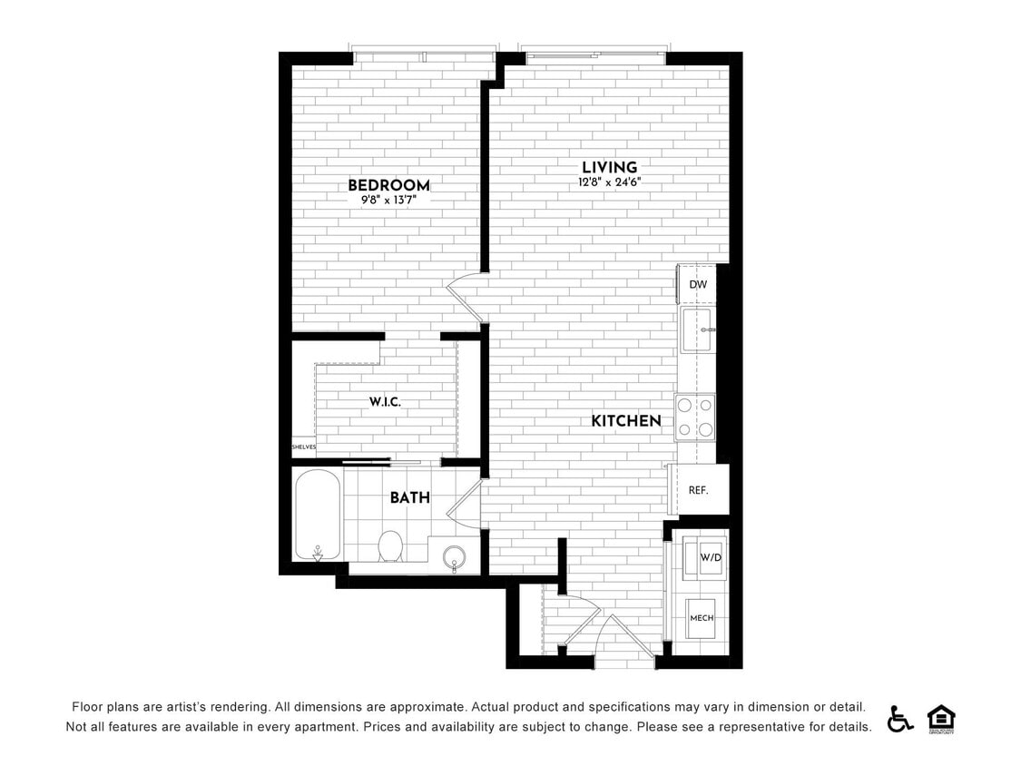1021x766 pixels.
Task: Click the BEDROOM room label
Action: click(388, 185)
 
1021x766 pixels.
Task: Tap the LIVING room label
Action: click(609, 167)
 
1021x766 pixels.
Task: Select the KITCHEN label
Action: click(626, 421)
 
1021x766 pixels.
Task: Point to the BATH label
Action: click(410, 497)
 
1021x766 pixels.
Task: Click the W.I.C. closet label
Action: click(385, 401)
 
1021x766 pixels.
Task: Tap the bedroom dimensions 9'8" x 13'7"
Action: click(388, 201)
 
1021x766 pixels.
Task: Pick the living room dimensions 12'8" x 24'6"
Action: click(609, 182)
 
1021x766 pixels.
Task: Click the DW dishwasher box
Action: click(698, 284)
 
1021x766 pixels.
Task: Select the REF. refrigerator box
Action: click(698, 490)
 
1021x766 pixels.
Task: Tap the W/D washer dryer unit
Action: click(710, 556)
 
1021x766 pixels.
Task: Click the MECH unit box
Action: click(702, 618)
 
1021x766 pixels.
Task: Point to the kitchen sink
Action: click(698, 329)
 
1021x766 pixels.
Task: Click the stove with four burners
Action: click(695, 417)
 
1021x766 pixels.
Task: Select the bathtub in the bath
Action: click(318, 515)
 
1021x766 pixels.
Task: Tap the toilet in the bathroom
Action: click(390, 545)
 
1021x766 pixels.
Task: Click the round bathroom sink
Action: click(453, 556)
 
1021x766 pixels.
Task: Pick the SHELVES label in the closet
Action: click(303, 447)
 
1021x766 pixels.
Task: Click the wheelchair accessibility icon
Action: click(900, 718)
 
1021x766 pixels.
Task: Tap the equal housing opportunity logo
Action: click(941, 718)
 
